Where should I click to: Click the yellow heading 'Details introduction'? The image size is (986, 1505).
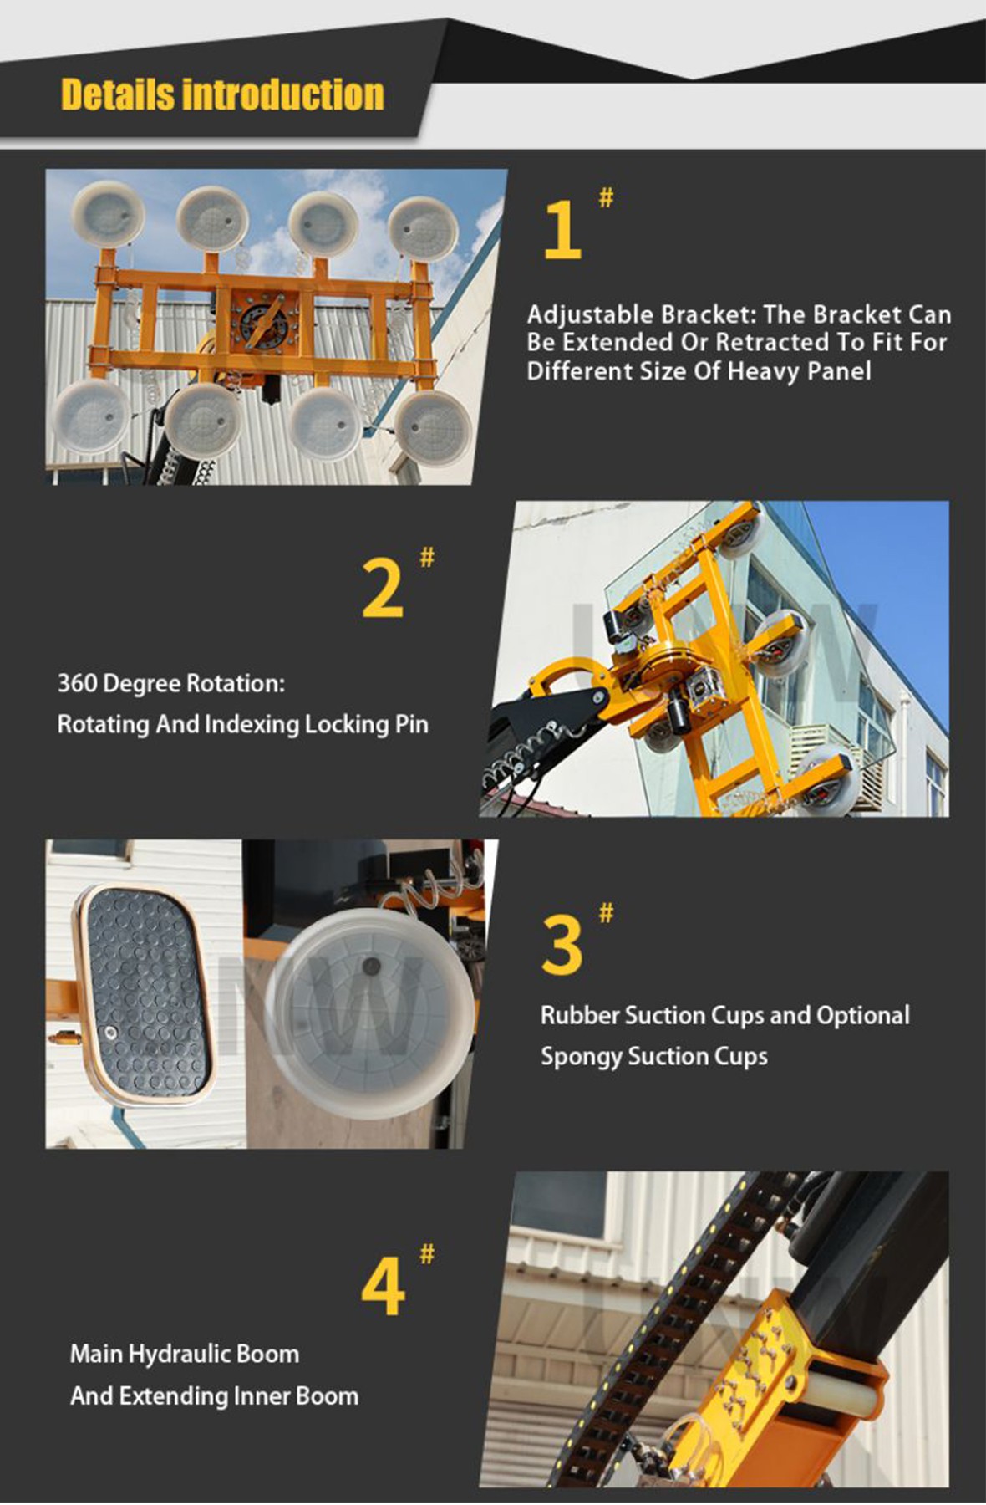222,94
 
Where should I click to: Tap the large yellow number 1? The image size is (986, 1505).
562,231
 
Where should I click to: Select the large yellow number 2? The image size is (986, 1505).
383,589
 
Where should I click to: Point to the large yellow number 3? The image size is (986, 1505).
562,945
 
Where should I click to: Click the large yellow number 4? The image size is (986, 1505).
383,1288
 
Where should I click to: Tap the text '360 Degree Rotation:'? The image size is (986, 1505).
171,684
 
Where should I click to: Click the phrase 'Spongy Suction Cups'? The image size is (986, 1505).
653,1056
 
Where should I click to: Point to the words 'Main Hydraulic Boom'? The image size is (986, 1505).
184,1354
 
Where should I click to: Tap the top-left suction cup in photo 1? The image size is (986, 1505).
108,216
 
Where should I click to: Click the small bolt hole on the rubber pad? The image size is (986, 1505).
109,1032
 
